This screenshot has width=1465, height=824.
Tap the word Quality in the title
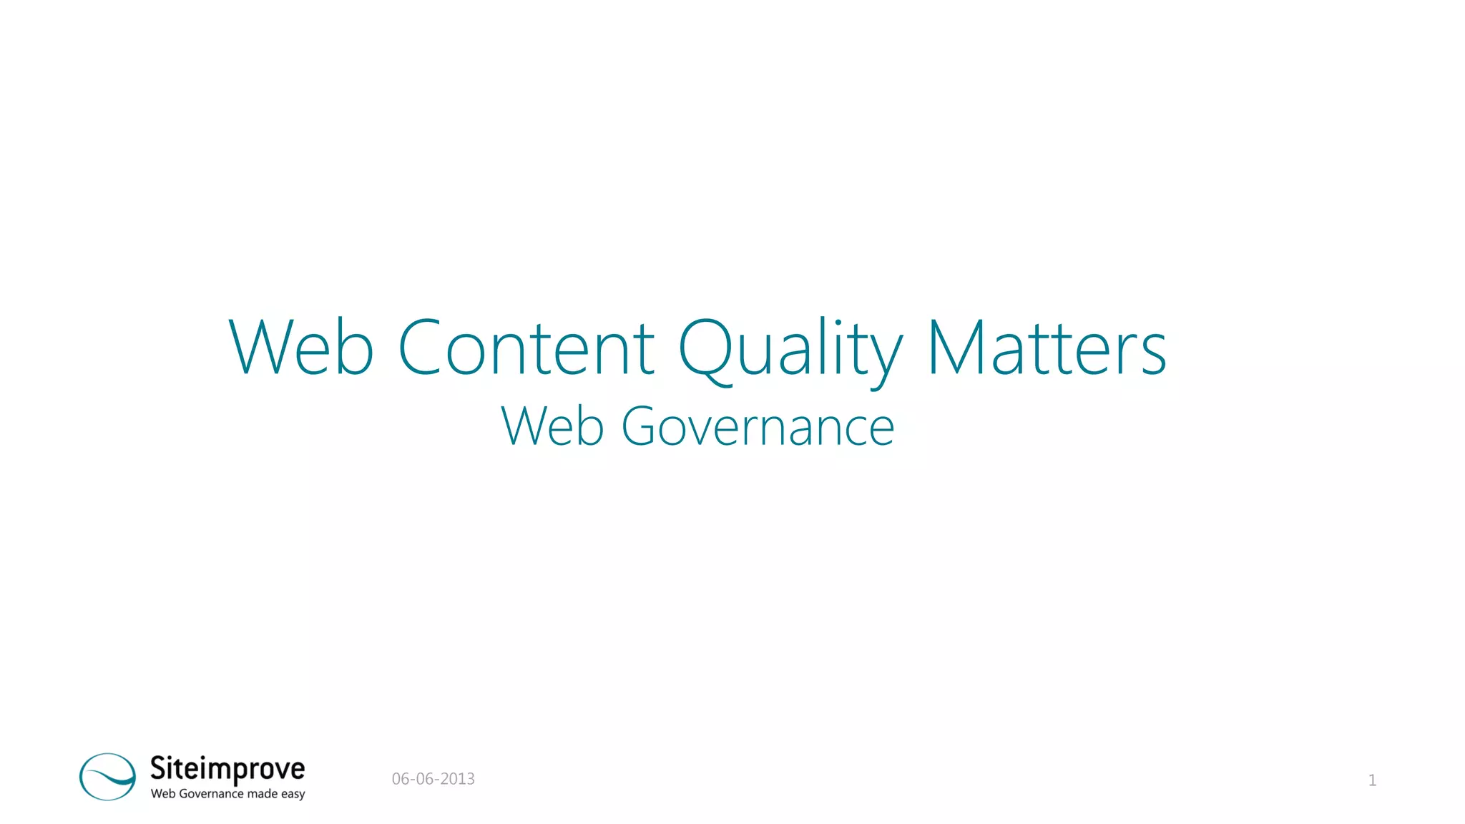790,350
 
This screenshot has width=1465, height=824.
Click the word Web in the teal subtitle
552,427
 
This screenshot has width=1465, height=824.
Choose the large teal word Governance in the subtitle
758,427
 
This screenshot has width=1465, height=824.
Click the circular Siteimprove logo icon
107,776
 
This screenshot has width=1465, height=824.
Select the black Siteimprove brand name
227,769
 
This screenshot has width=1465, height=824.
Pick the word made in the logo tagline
262,794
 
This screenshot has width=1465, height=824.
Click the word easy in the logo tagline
293,795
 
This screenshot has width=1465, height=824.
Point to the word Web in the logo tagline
162,794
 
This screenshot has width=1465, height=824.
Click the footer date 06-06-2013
433,779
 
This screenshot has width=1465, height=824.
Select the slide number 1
1372,780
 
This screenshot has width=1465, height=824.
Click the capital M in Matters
956,348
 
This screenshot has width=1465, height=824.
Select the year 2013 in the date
457,779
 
